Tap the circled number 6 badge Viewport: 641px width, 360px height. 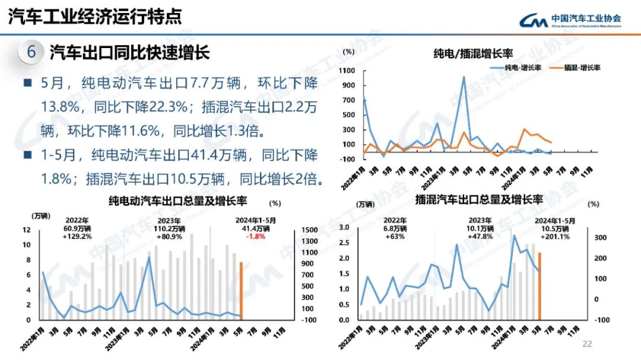point(31,52)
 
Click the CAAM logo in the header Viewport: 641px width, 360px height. point(570,21)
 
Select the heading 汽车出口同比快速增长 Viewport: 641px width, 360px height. point(129,52)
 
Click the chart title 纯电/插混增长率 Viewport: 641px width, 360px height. point(473,55)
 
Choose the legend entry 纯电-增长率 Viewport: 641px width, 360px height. point(516,68)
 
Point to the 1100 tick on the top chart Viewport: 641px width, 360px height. point(347,71)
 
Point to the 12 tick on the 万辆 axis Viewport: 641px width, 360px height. point(27,230)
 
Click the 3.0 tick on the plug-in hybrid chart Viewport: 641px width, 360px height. point(345,228)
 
